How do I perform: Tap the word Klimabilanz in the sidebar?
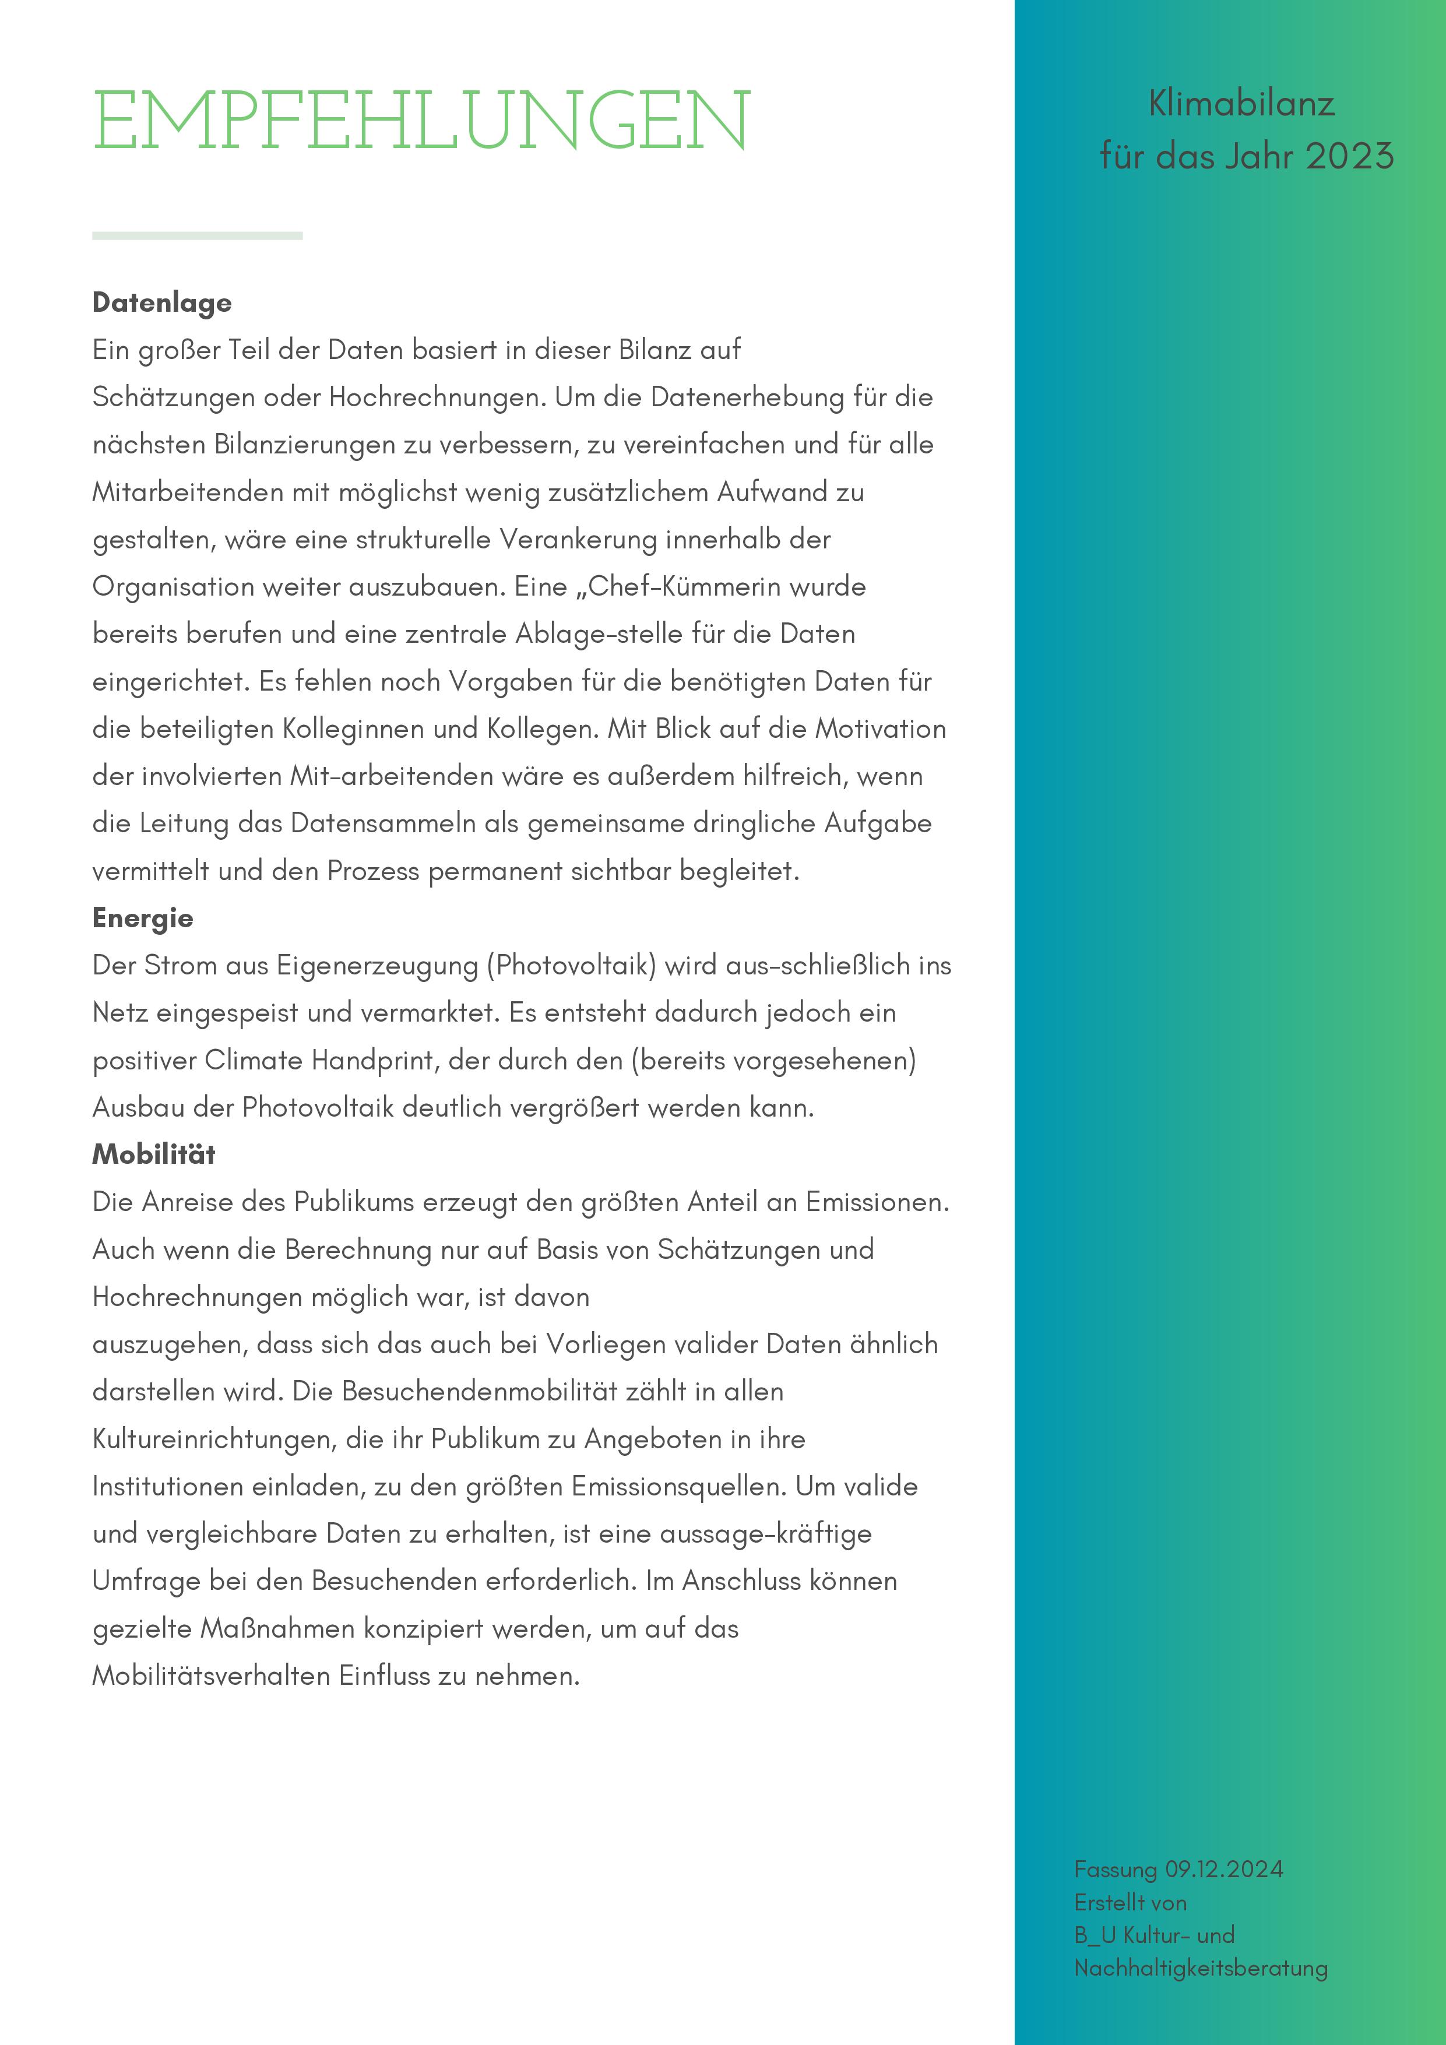pos(1241,104)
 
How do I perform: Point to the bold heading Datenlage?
pos(161,303)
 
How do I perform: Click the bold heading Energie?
pos(143,918)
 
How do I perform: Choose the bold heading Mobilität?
pos(153,1155)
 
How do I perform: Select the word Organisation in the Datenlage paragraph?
pos(174,587)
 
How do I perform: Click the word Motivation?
pos(880,728)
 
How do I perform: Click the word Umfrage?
pos(147,1581)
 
